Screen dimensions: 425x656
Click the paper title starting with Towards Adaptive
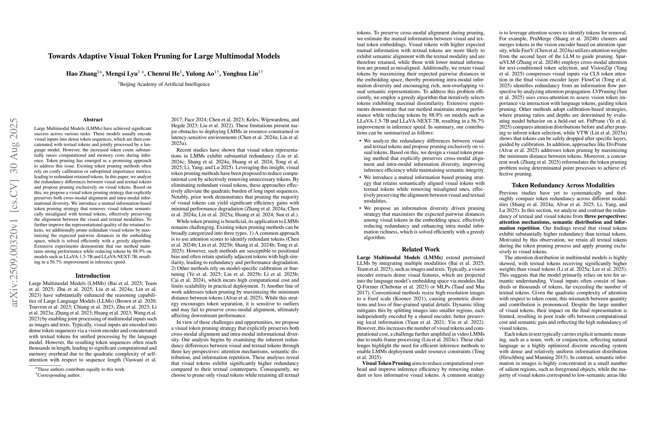coord(164,56)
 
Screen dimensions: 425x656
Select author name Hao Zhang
coord(81,74)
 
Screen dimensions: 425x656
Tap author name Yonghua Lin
coord(240,74)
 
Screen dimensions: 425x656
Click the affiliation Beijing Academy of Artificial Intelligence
coord(165,84)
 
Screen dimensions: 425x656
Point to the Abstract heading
coord(93,119)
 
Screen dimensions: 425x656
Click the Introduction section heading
coord(93,276)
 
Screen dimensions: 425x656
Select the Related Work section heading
coord(421,249)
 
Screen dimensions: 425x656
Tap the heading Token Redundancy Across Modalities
coord(563,185)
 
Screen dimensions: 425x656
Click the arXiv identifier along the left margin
coord(14,213)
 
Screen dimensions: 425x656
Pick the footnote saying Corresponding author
coord(59,375)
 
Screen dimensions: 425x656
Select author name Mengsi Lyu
coord(122,74)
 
